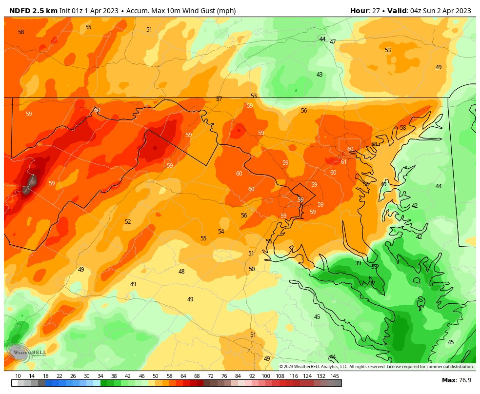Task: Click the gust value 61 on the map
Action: pyautogui.click(x=343, y=162)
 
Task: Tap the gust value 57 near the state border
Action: pyautogui.click(x=219, y=99)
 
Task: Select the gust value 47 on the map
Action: pyautogui.click(x=333, y=42)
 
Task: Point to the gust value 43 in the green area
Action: pyautogui.click(x=320, y=75)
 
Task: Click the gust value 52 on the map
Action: pyautogui.click(x=128, y=222)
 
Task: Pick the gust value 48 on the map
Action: pyautogui.click(x=181, y=272)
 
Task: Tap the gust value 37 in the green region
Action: pyautogui.click(x=372, y=283)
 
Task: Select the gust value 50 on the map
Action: pyautogui.click(x=252, y=269)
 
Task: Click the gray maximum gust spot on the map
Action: pyautogui.click(x=31, y=184)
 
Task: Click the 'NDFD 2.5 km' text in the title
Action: pyautogui.click(x=33, y=11)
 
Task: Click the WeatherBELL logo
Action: pyautogui.click(x=27, y=352)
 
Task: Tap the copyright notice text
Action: pyautogui.click(x=376, y=367)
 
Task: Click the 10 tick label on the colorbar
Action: pyautogui.click(x=18, y=376)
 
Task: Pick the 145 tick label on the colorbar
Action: pyautogui.click(x=335, y=376)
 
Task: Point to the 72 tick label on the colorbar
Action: pyautogui.click(x=211, y=376)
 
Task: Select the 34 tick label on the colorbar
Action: pyautogui.click(x=100, y=376)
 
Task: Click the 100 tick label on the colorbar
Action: pyautogui.click(x=266, y=376)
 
